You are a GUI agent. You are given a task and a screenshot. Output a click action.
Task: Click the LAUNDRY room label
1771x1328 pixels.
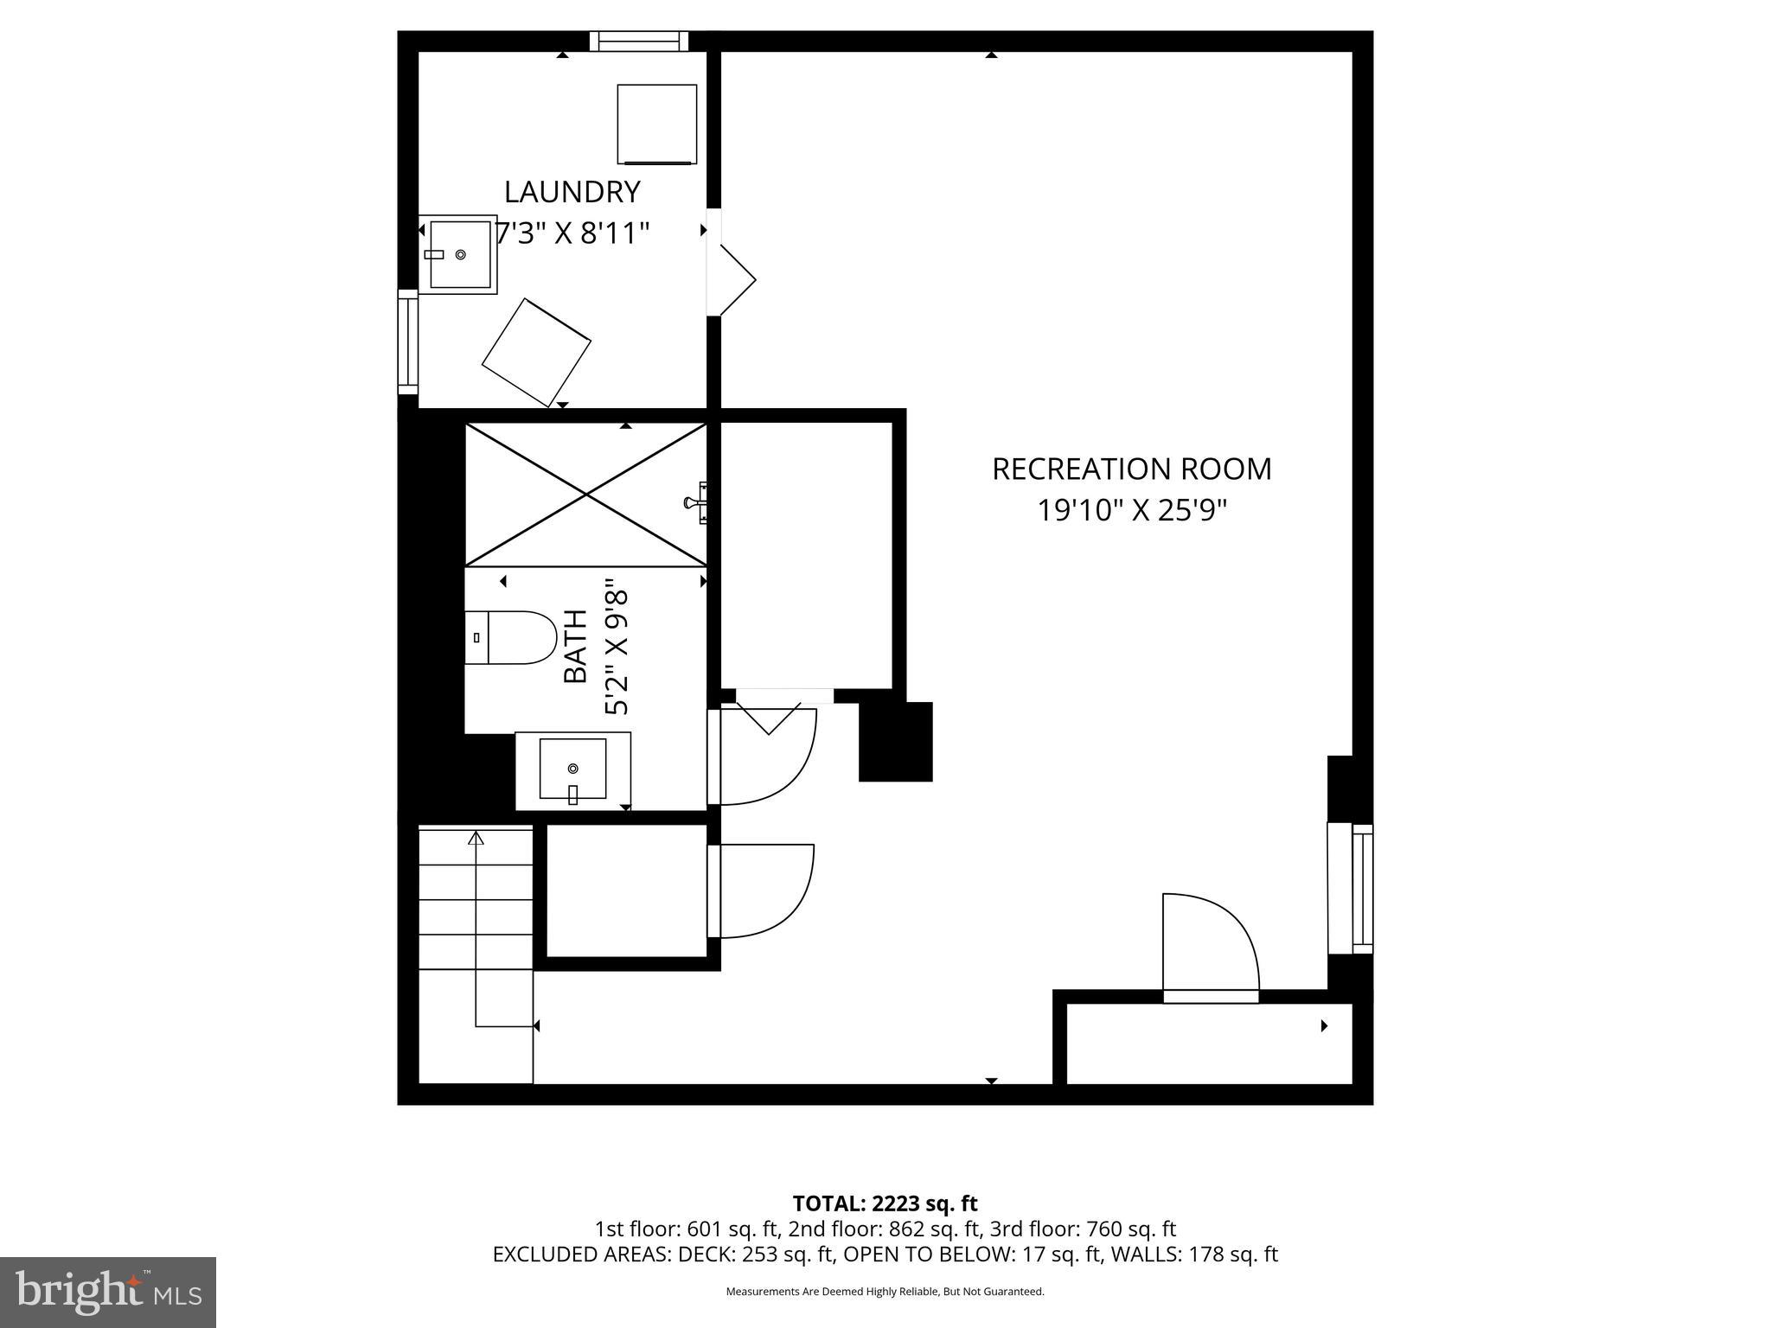coord(572,191)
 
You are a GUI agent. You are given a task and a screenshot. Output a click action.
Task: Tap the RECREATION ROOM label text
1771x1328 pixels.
coord(1131,469)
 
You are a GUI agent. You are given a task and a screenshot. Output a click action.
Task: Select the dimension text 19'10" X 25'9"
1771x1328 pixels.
coord(1132,511)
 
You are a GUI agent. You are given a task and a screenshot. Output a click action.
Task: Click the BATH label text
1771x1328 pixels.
coord(576,646)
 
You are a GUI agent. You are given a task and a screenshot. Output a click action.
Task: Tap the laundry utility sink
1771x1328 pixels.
coord(459,254)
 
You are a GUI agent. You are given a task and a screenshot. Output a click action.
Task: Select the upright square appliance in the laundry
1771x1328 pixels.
coord(656,124)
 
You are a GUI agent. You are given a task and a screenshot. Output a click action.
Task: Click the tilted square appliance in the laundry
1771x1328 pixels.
coord(536,352)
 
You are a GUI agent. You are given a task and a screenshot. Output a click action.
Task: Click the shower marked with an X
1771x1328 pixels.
coord(586,495)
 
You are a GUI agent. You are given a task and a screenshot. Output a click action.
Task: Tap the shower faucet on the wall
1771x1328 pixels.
coord(696,502)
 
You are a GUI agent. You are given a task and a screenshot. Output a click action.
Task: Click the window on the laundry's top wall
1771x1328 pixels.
coord(639,41)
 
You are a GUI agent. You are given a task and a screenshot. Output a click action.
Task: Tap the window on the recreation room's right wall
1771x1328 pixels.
coord(1362,889)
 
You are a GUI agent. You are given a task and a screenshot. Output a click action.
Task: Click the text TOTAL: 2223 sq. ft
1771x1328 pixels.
coord(885,1203)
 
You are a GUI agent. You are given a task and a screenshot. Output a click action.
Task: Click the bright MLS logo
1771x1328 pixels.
coord(107,1292)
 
